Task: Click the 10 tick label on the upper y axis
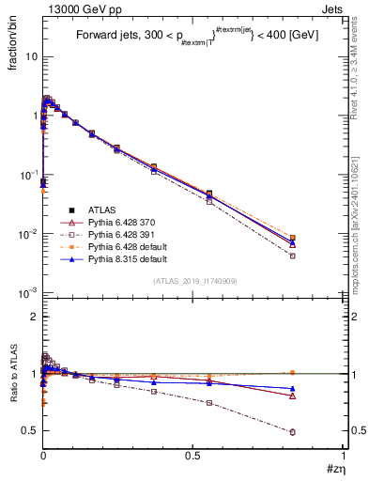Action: (30, 56)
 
